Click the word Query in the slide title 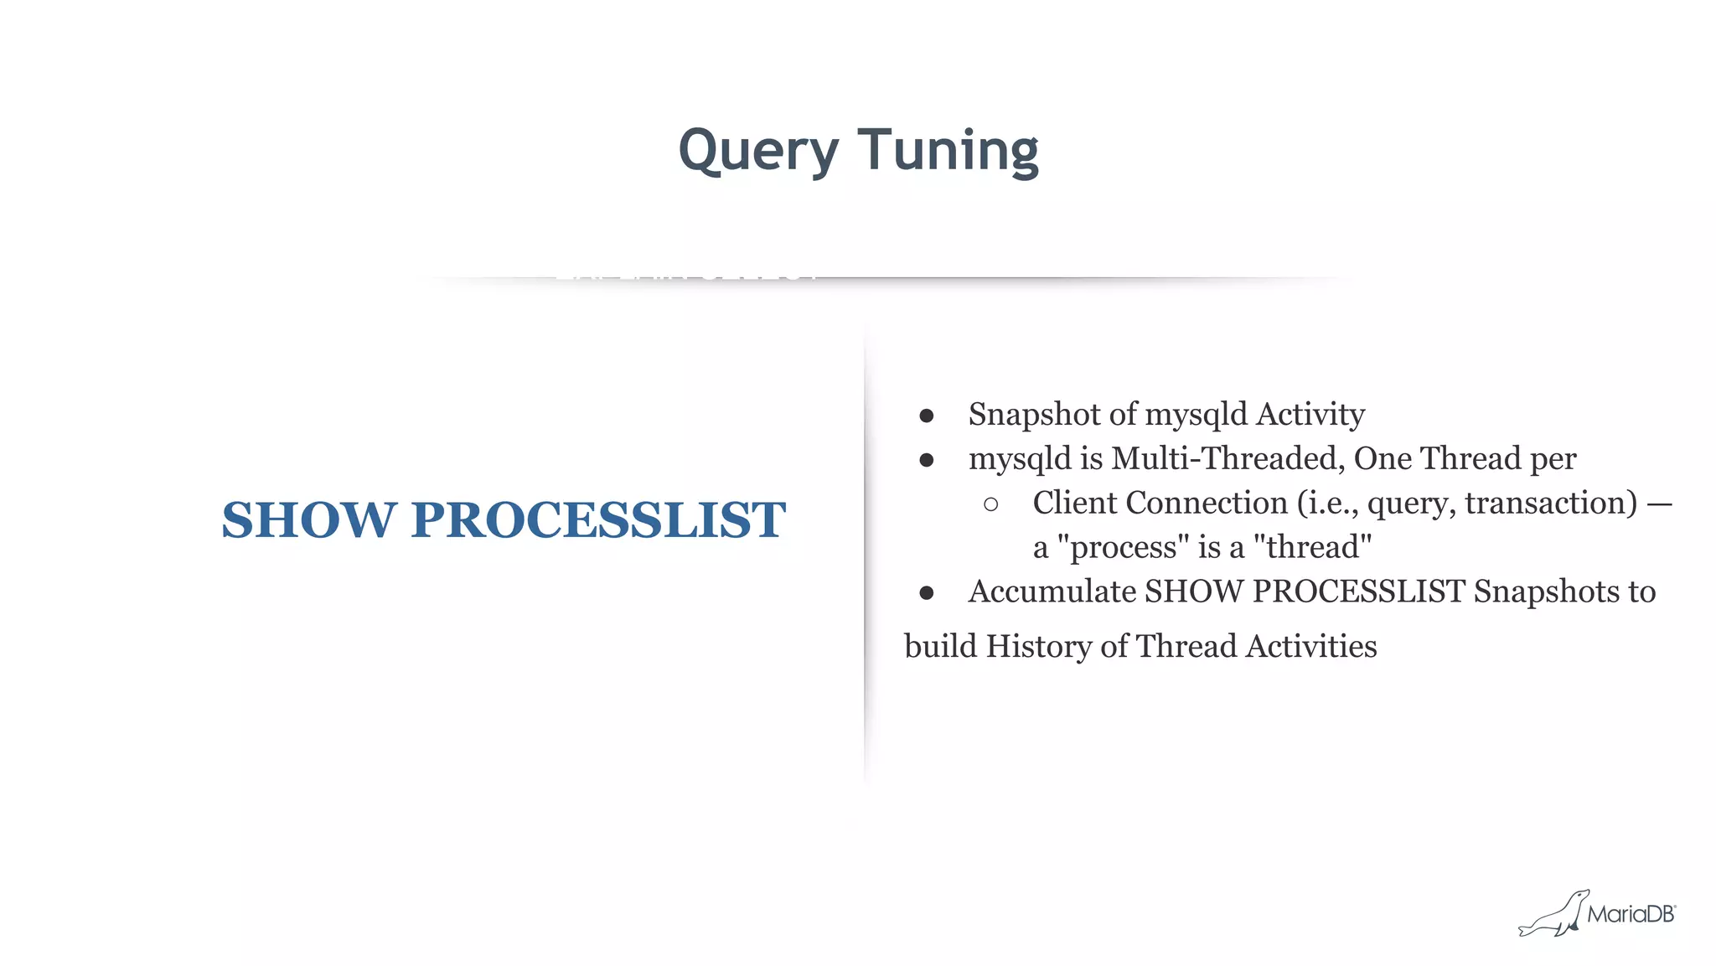(758, 151)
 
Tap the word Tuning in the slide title (948, 151)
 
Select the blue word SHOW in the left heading (308, 519)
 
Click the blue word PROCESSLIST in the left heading (598, 519)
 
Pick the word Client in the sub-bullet (1075, 503)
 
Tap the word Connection (1207, 503)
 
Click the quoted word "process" (1124, 548)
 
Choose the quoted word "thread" (1312, 548)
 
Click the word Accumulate (1052, 591)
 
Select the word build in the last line (940, 647)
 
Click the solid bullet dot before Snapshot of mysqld (926, 416)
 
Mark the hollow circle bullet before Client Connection (991, 504)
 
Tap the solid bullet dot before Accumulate (926, 593)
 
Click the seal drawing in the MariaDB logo (1553, 915)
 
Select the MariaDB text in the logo (1631, 914)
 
